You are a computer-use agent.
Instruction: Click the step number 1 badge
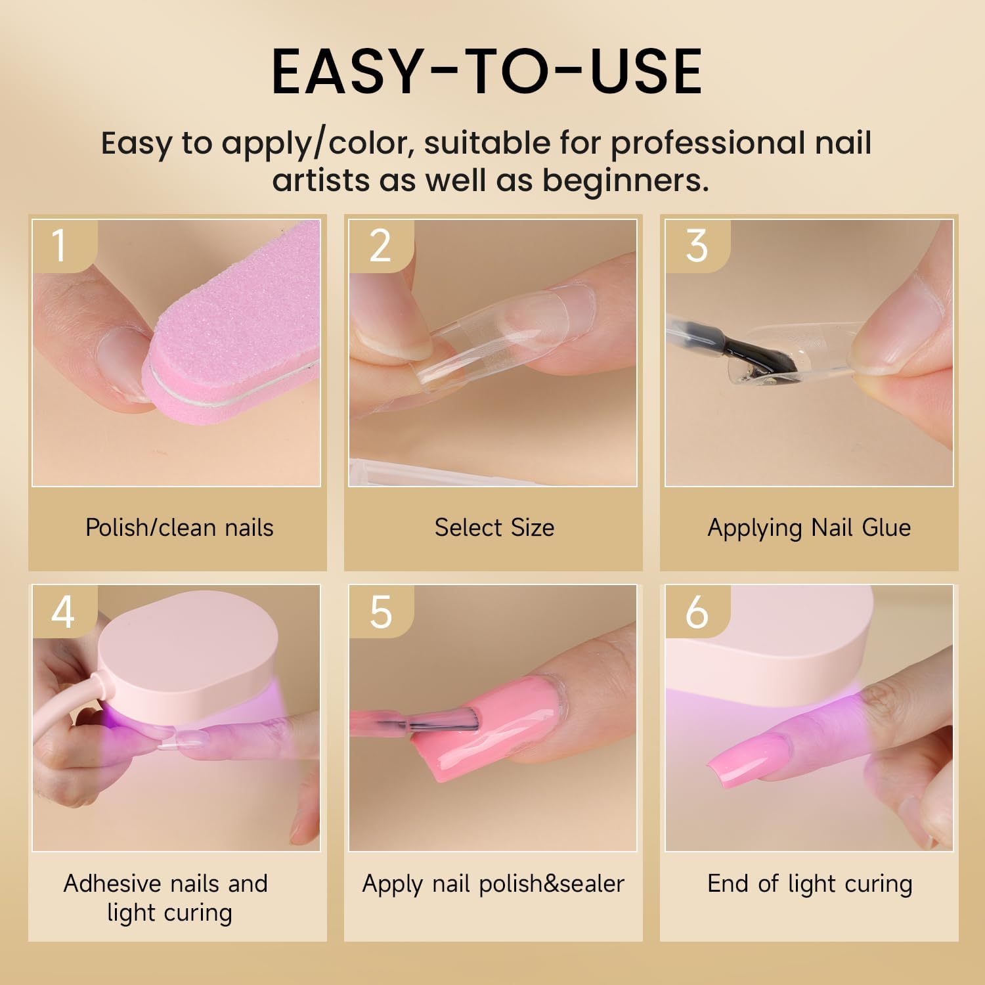pyautogui.click(x=64, y=246)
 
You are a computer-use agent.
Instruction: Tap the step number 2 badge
pyautogui.click(x=381, y=246)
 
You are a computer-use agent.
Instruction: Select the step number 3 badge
pyautogui.click(x=697, y=246)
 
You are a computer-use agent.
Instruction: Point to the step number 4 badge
pyautogui.click(x=64, y=611)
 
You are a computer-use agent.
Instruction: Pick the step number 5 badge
pyautogui.click(x=381, y=611)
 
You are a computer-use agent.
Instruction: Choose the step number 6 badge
pyautogui.click(x=697, y=611)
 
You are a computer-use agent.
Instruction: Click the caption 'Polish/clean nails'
pyautogui.click(x=179, y=528)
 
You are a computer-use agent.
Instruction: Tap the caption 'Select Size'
pyautogui.click(x=494, y=527)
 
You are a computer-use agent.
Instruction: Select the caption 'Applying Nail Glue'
pyautogui.click(x=809, y=528)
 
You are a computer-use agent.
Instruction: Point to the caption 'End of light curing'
pyautogui.click(x=810, y=884)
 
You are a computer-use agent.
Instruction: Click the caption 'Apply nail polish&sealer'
pyautogui.click(x=493, y=885)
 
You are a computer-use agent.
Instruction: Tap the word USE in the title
pyautogui.click(x=646, y=72)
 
